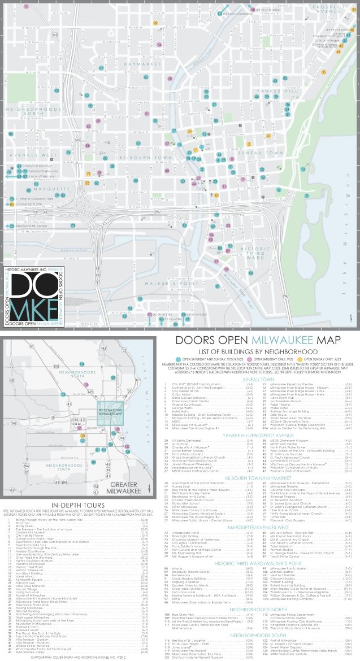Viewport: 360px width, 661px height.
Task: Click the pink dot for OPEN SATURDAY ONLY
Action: pyautogui.click(x=241, y=359)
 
